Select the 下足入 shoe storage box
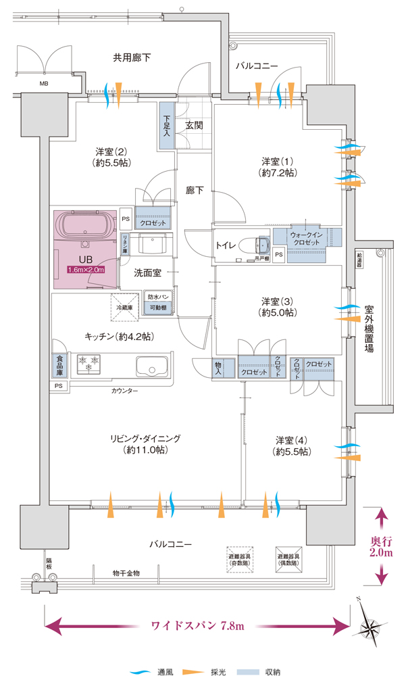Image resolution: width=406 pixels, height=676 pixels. (x=167, y=124)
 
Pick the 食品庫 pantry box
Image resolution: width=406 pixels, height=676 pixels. (x=59, y=366)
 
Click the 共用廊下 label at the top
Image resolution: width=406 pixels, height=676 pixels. (x=132, y=57)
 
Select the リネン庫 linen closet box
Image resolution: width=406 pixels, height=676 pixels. (x=126, y=243)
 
